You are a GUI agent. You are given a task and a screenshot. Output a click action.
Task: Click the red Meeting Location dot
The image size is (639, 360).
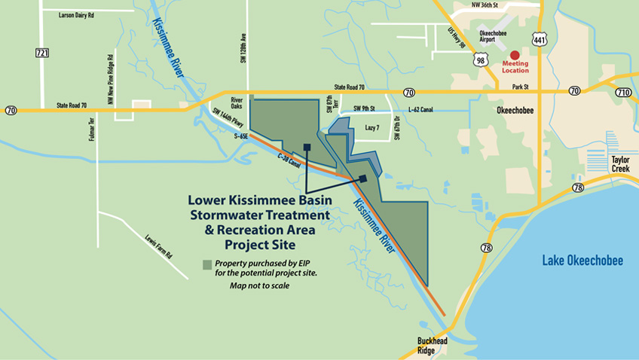point(515,54)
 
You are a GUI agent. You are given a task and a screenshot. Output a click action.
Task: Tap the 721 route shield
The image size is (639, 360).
point(41,53)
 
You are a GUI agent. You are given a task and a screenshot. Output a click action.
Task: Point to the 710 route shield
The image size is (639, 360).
point(623,92)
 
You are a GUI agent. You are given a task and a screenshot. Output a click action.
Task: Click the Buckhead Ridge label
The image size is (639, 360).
point(433,346)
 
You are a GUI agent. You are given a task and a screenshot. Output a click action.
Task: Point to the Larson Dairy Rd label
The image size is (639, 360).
point(77,14)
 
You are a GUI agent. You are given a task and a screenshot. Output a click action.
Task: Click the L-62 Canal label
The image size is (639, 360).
point(420,110)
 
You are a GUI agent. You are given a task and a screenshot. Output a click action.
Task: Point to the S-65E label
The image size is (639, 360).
point(241,136)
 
